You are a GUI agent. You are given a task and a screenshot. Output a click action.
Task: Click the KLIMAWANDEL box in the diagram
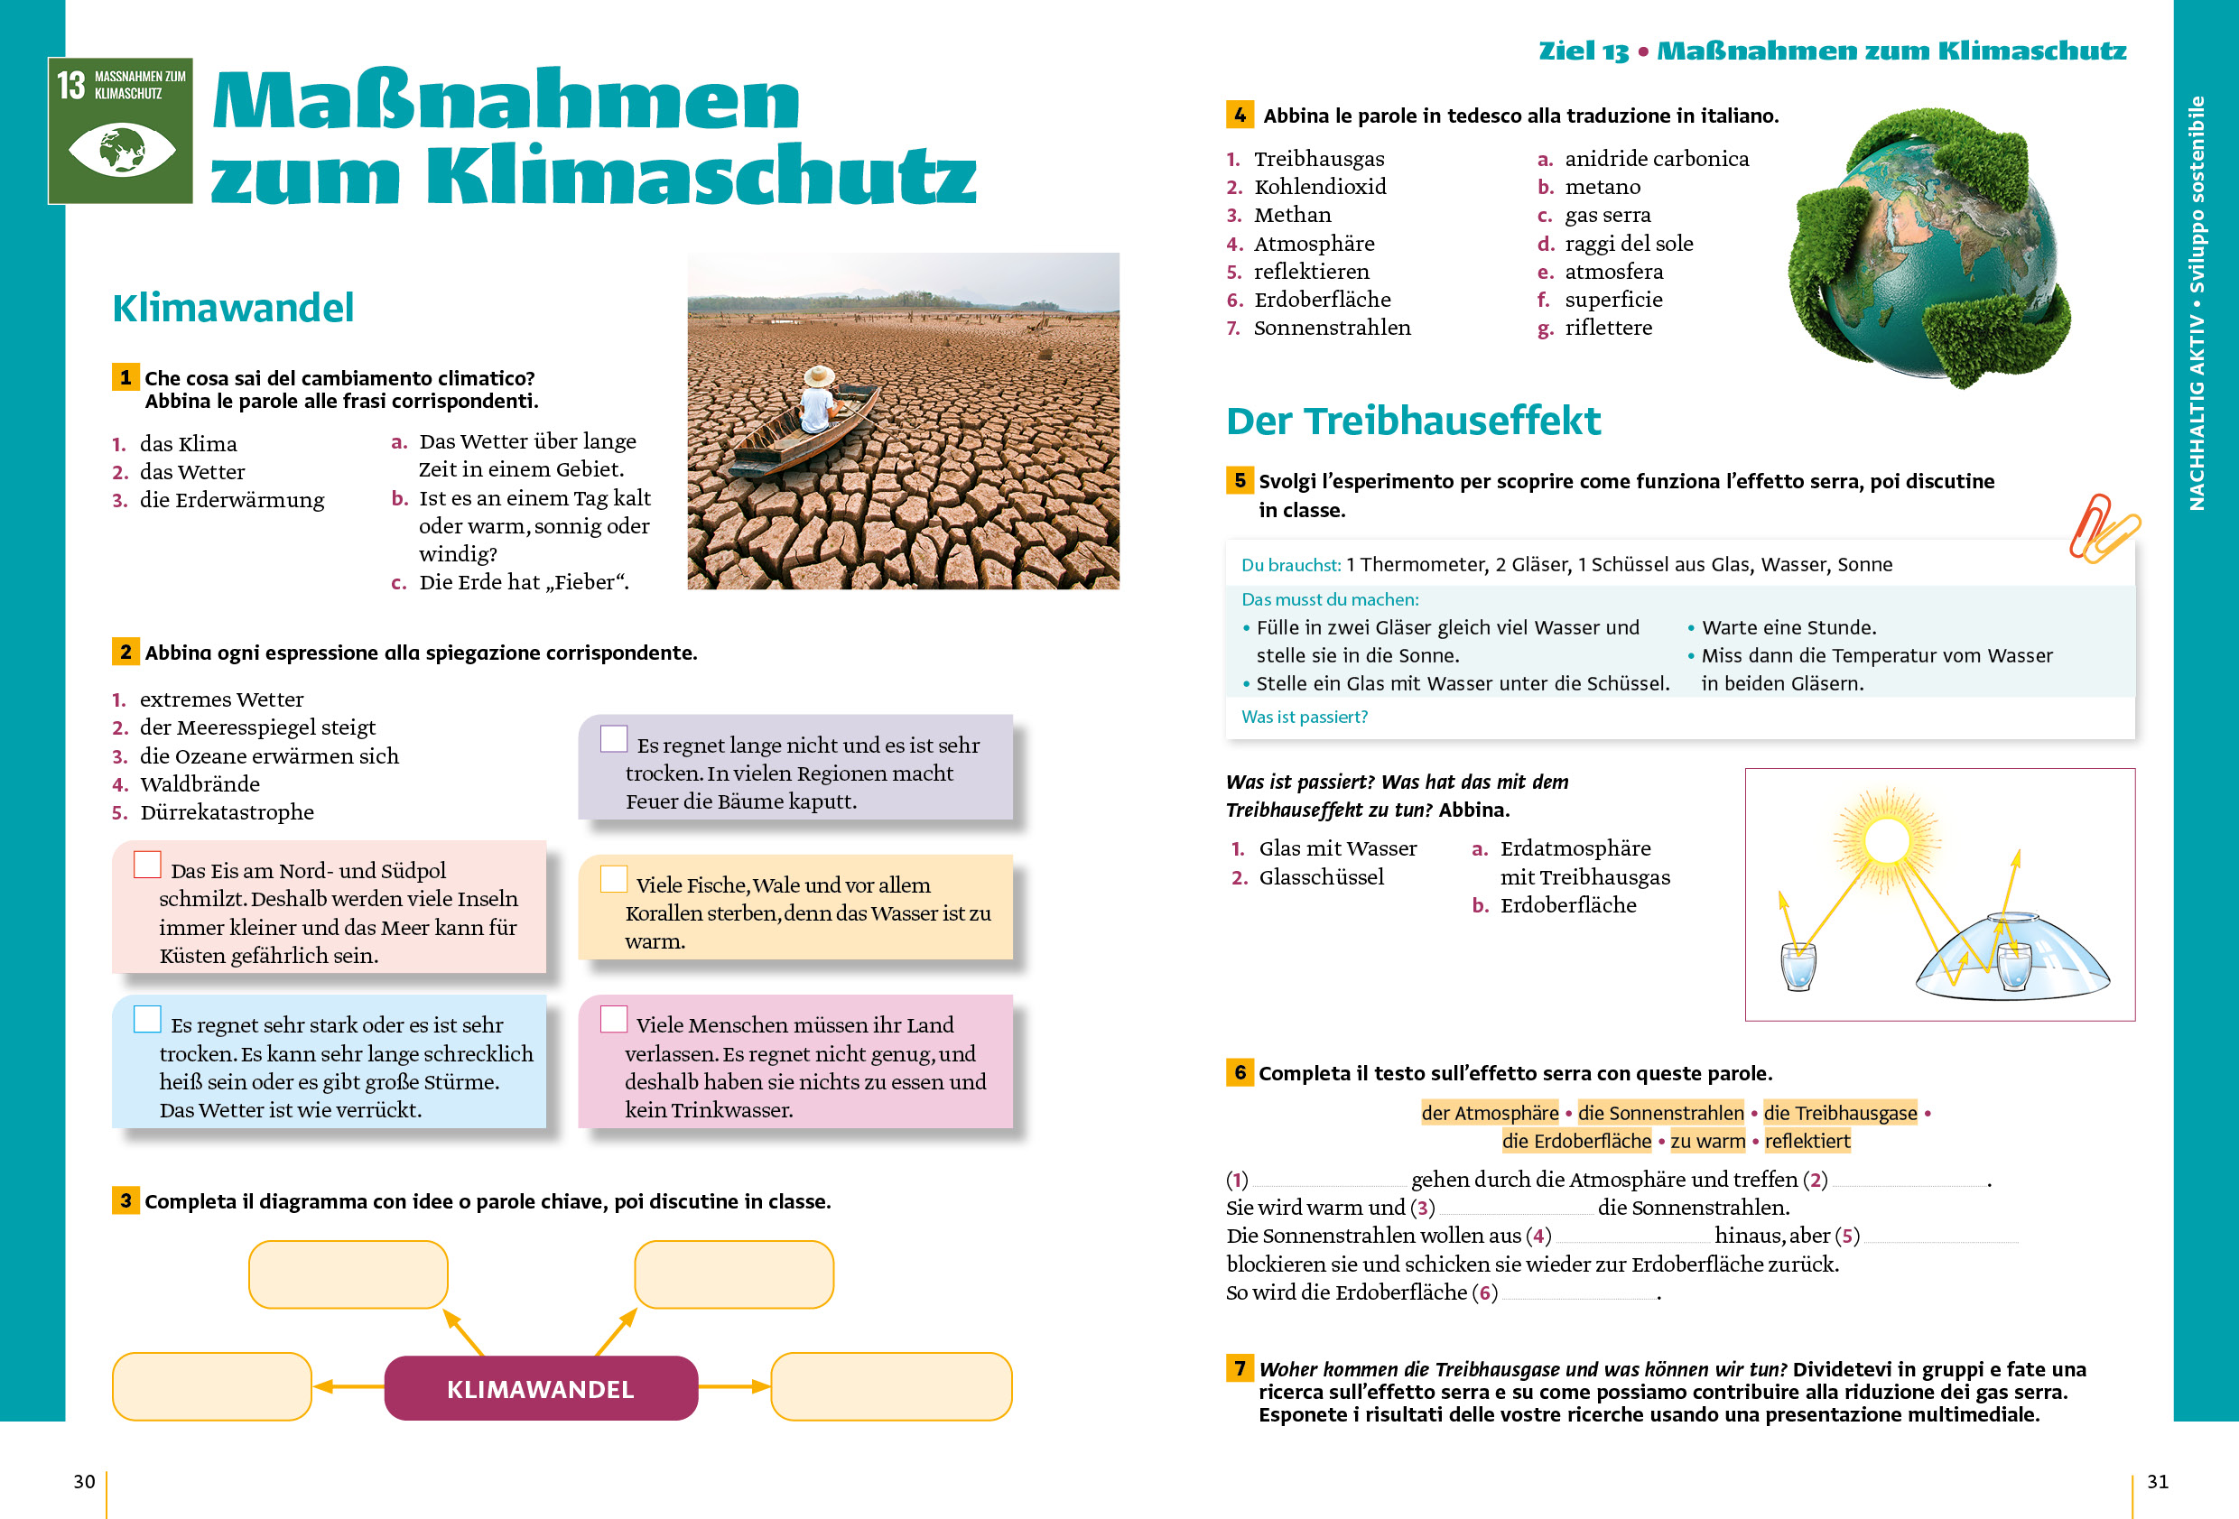(541, 1388)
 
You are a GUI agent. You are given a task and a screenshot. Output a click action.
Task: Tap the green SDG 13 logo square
(120, 130)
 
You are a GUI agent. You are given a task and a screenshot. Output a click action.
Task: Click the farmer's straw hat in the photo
(819, 375)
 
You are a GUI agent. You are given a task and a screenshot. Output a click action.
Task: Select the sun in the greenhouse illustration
(1886, 841)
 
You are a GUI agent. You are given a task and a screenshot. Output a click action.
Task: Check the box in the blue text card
(147, 1019)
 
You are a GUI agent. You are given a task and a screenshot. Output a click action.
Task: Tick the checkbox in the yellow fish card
(614, 878)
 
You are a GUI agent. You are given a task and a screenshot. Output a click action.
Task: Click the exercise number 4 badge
(1239, 115)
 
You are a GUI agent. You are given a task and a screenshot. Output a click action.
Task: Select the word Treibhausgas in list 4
(1318, 159)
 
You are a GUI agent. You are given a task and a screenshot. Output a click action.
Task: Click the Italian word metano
(1603, 187)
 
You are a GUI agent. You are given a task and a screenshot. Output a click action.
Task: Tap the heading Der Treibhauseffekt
(1412, 421)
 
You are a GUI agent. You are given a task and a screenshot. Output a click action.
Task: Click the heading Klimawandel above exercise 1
(233, 309)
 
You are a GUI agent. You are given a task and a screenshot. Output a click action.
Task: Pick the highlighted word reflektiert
(1807, 1142)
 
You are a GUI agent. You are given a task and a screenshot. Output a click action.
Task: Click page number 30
(85, 1481)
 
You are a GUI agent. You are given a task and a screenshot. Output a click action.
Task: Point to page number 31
(2158, 1481)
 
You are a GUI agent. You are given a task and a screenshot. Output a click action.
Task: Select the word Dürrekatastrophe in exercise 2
(227, 812)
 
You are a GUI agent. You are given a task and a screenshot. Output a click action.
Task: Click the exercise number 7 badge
(1239, 1367)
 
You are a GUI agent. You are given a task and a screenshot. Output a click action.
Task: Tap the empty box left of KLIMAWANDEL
(212, 1386)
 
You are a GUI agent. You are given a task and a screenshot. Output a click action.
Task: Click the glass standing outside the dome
(1798, 966)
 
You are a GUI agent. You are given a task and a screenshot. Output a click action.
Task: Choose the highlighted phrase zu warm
(1708, 1142)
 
